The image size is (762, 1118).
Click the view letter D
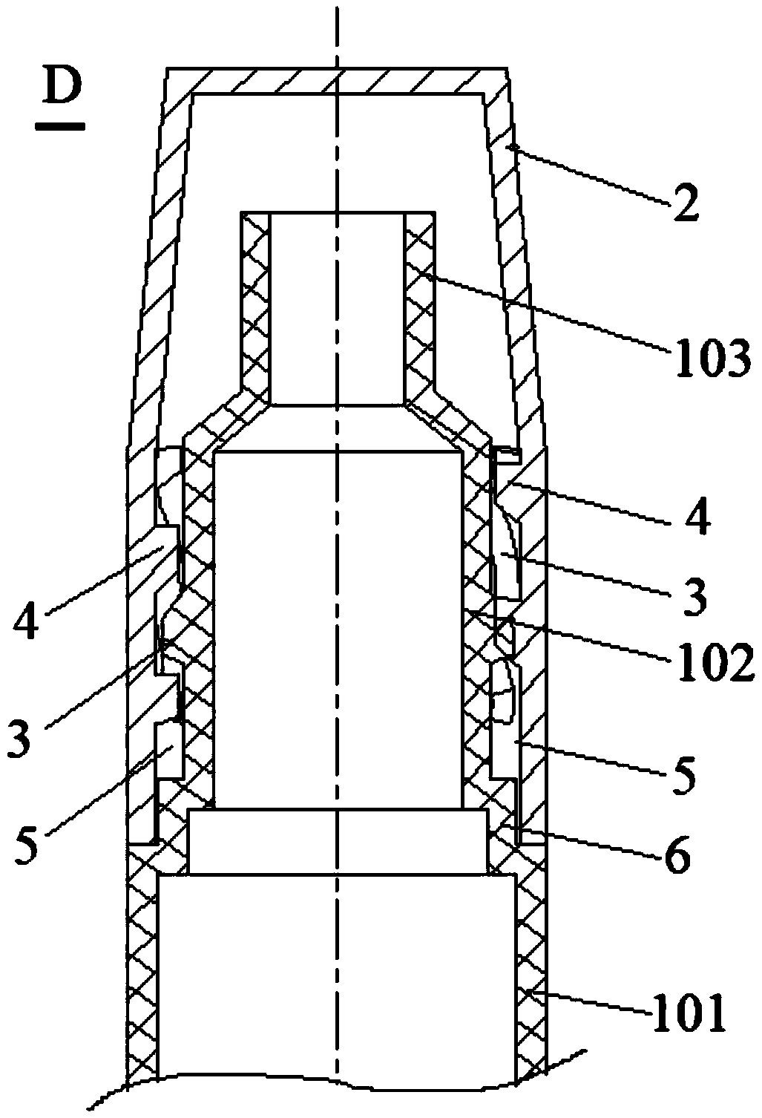(62, 86)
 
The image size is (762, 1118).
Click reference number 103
(713, 359)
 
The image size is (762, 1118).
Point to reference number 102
(713, 664)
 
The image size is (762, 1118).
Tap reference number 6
(676, 857)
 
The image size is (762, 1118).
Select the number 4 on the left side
(24, 621)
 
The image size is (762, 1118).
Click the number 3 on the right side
(694, 598)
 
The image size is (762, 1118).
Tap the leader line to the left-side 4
(105, 578)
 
